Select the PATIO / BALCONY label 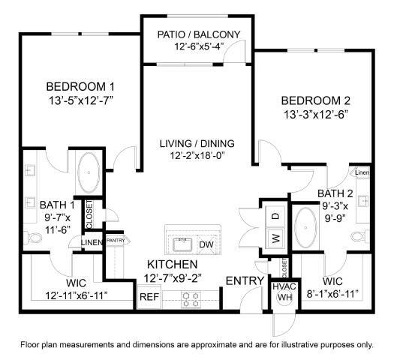199,34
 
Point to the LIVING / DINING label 197,143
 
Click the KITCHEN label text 172,265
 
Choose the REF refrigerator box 148,295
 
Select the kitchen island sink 181,244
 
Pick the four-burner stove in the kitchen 191,299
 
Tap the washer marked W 275,238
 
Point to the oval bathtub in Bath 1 89,173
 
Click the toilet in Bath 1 33,238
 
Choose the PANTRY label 115,240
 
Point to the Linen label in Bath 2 362,173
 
